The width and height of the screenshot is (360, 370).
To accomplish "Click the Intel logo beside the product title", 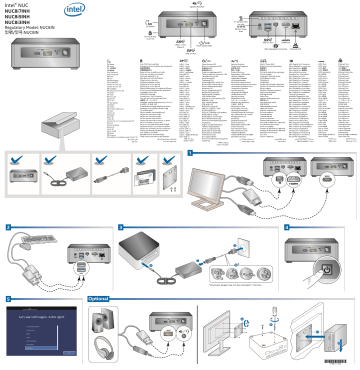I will pos(74,11).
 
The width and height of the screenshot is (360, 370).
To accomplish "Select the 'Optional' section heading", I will pos(99,298).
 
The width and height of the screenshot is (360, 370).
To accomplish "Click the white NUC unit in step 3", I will pos(143,250).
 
